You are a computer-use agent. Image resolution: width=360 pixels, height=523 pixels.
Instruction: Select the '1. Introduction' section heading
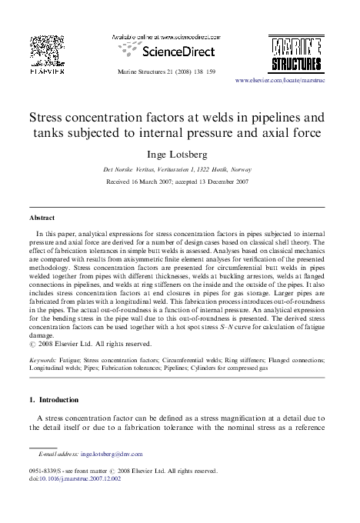coord(53,400)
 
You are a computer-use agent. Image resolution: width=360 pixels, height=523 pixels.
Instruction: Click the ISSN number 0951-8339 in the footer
coord(45,470)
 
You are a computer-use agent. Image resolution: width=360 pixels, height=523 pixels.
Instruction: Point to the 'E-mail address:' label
coord(57,455)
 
